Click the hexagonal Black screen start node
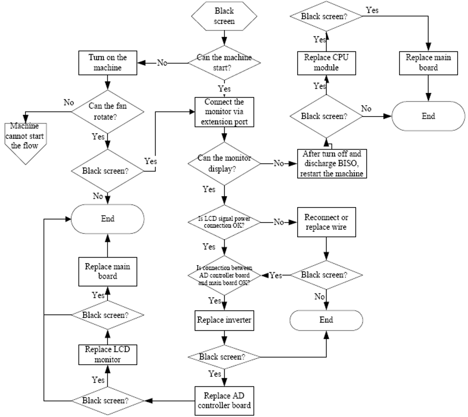pyautogui.click(x=224, y=16)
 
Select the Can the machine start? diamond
pyautogui.click(x=224, y=62)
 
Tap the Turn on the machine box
pyautogui.click(x=108, y=62)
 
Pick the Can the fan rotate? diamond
pyautogui.click(x=108, y=111)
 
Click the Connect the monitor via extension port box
pyautogui.click(x=224, y=112)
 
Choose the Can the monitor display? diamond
pyautogui.click(x=224, y=163)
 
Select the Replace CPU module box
pyautogui.click(x=326, y=62)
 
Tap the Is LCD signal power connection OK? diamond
pyautogui.click(x=224, y=222)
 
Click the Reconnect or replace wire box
pyautogui.click(x=326, y=222)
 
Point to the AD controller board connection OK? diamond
pyautogui.click(x=224, y=275)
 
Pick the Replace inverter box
pyautogui.click(x=224, y=320)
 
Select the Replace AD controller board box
pyautogui.click(x=224, y=400)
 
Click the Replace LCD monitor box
pyautogui.click(x=108, y=354)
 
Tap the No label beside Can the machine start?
pyautogui.click(x=162, y=62)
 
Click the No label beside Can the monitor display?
pyautogui.click(x=280, y=163)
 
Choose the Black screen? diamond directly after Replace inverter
pyautogui.click(x=224, y=357)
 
